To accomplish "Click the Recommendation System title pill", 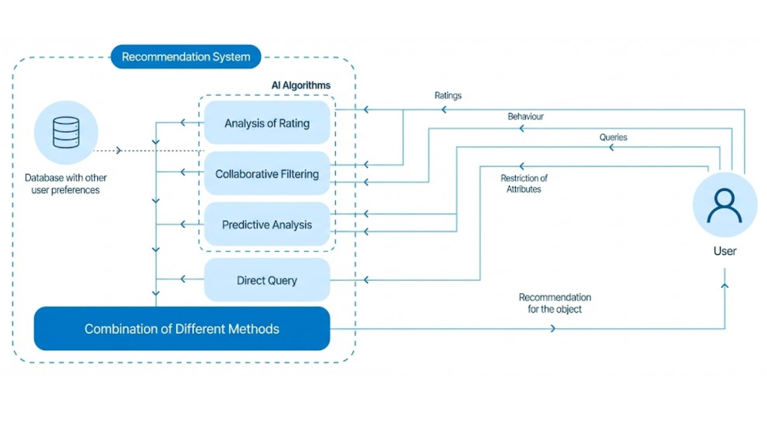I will [186, 57].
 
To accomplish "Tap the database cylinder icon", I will [66, 132].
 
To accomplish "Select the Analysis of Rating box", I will [267, 123].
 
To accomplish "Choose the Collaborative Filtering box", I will [267, 174].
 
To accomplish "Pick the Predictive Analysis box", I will [267, 224].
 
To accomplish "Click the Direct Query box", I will [267, 280].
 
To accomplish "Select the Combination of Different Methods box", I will [182, 329].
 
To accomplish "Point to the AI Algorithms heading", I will [301, 85].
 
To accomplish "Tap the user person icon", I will [724, 205].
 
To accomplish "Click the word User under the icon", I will [725, 251].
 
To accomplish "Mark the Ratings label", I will [448, 96].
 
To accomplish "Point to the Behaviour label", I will [525, 116].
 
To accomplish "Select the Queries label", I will [613, 137].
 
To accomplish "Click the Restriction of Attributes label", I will [524, 184].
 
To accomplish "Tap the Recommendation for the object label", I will [554, 303].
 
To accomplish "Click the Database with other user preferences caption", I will [66, 184].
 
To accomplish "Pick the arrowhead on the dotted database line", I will [118, 150].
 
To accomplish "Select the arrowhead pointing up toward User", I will [725, 286].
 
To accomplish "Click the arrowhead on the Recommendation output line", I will [553, 328].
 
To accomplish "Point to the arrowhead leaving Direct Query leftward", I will [183, 279].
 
